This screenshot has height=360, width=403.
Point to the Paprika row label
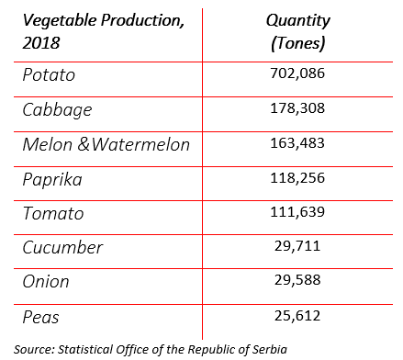(x=52, y=180)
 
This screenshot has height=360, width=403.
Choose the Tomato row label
(x=53, y=214)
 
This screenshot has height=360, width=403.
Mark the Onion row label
(x=46, y=282)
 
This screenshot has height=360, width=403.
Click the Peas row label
(x=41, y=317)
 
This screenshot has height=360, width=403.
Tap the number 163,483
(x=297, y=145)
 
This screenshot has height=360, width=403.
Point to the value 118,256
(x=297, y=180)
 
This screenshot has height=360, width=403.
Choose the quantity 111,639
(x=297, y=214)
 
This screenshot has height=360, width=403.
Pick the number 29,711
(x=297, y=248)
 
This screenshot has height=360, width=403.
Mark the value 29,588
(x=297, y=282)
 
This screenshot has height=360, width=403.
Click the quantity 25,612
(x=297, y=317)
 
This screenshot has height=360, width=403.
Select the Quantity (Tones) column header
(x=297, y=31)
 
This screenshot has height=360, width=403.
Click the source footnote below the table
(x=151, y=348)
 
